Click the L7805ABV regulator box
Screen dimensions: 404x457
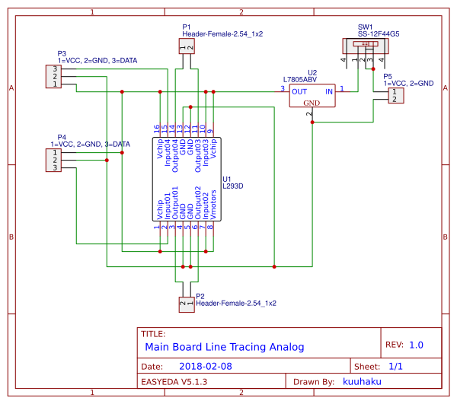[x=312, y=95]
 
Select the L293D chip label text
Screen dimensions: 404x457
[x=232, y=186]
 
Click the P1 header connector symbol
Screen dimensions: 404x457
[x=187, y=46]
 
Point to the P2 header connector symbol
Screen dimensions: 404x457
[x=187, y=304]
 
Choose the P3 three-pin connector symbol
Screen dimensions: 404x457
[x=55, y=77]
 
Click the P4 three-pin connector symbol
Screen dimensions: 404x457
[x=55, y=160]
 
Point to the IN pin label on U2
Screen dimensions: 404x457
[x=329, y=91]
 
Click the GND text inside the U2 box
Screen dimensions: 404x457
[x=312, y=102]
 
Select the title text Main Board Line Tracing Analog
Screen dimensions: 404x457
[x=224, y=346]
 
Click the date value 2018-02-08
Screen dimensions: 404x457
[x=205, y=366]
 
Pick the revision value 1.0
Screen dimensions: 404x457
[x=416, y=345]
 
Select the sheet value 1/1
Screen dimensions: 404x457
[x=396, y=366]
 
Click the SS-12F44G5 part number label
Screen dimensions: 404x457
[x=379, y=34]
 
